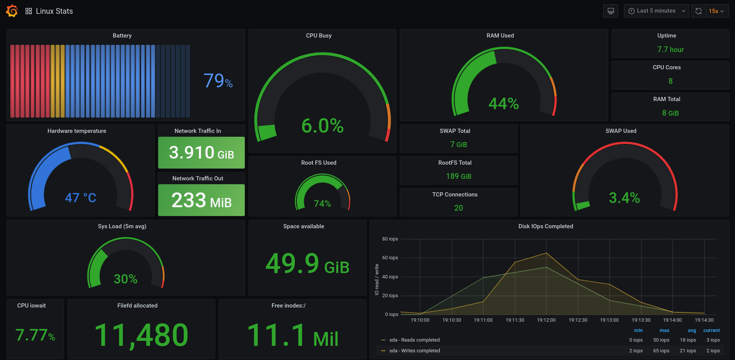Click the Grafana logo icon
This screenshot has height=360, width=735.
pos(12,11)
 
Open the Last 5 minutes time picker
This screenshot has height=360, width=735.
pos(656,11)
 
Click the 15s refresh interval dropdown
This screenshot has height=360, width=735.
pos(715,11)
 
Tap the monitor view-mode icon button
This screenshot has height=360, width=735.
pos(611,11)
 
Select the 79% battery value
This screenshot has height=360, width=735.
pos(218,81)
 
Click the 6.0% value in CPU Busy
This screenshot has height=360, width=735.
pos(322,126)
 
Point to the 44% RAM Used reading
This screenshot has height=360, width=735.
pos(503,103)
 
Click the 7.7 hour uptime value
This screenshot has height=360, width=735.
pos(670,49)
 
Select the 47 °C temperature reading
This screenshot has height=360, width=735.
pos(80,198)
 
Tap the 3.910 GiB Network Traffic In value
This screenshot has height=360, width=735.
pos(201,153)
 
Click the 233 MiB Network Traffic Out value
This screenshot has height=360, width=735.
pos(201,200)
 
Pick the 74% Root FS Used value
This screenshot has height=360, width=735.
pos(322,204)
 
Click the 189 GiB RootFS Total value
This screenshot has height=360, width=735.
pos(458,176)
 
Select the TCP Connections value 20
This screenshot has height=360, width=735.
pos(458,208)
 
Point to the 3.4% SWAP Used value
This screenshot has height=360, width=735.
pos(624,198)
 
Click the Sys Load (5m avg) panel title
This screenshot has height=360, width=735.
pos(122,226)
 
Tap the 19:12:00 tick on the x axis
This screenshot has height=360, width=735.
pos(546,320)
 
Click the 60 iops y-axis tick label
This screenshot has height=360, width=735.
pos(390,258)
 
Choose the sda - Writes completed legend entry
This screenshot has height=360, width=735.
pos(414,351)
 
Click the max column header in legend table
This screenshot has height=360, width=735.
pos(664,331)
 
